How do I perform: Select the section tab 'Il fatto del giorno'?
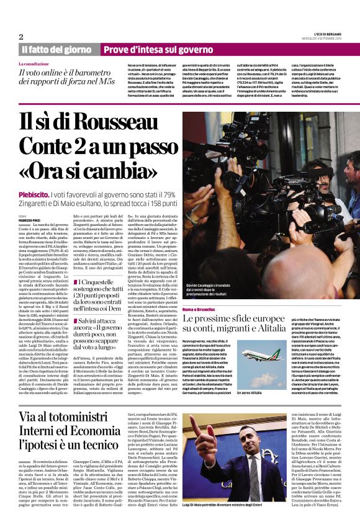pos(56,49)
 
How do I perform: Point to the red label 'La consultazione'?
pos(34,64)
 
